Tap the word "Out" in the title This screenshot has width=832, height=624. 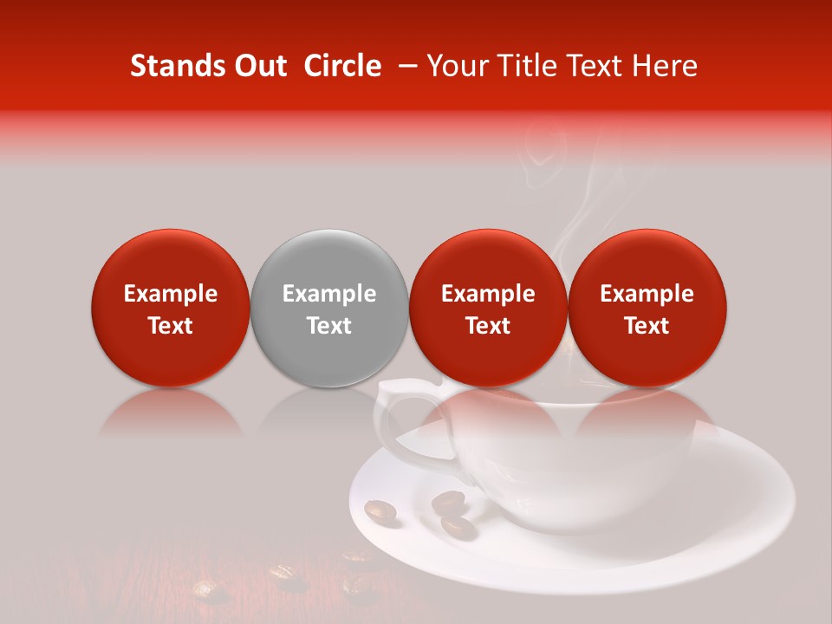pos(257,66)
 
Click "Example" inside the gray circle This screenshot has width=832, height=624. pos(329,294)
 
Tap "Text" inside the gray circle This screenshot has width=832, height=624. pos(329,326)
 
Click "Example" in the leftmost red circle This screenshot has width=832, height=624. pos(171,294)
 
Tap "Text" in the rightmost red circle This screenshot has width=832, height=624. pos(647,326)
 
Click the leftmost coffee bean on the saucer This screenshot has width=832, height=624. pos(380,512)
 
